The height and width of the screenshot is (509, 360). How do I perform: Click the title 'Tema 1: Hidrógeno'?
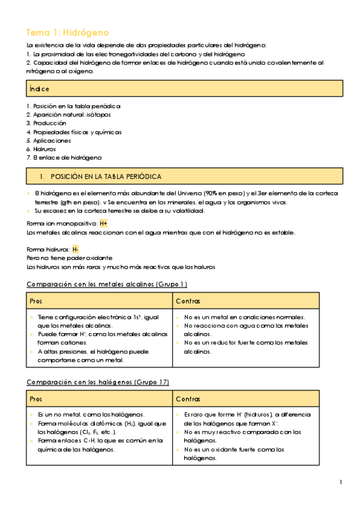coord(68,32)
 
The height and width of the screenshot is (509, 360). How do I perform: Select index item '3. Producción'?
coord(46,122)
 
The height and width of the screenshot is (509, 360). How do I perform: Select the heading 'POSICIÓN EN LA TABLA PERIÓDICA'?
coord(106,176)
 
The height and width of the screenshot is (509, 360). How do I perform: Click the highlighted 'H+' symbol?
coord(103,223)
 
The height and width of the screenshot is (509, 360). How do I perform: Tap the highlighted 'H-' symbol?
coord(75,249)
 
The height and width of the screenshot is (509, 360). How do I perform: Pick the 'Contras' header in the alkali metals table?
coord(188,300)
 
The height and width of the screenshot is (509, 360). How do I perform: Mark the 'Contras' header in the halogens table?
coord(188,399)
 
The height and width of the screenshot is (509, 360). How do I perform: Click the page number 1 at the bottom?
coord(340,483)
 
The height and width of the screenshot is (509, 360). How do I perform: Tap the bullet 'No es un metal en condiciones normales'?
coord(244,317)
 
